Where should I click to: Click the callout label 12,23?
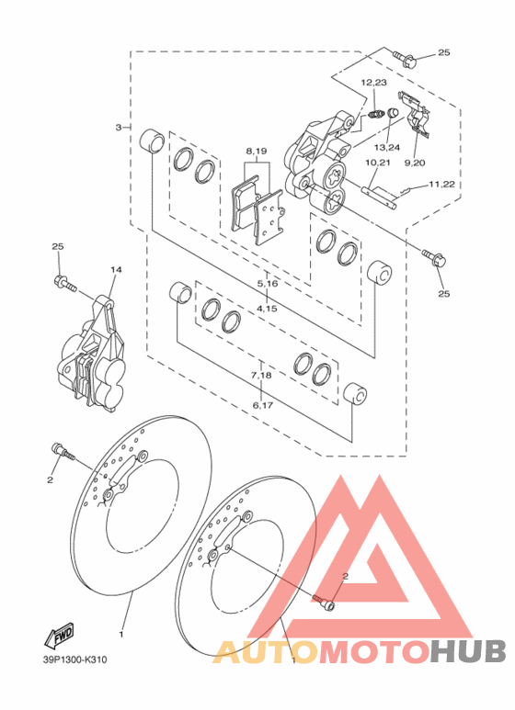pyautogui.click(x=373, y=83)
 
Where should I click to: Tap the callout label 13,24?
pyautogui.click(x=386, y=147)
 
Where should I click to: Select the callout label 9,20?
pyautogui.click(x=415, y=163)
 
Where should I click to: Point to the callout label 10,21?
pyautogui.click(x=377, y=163)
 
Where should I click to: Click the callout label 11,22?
pyautogui.click(x=441, y=185)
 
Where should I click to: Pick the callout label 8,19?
pyautogui.click(x=257, y=152)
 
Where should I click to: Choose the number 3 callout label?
pyautogui.click(x=119, y=128)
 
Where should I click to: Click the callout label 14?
pyautogui.click(x=116, y=269)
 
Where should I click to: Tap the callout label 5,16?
pyautogui.click(x=267, y=284)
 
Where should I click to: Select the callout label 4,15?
pyautogui.click(x=267, y=309)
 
